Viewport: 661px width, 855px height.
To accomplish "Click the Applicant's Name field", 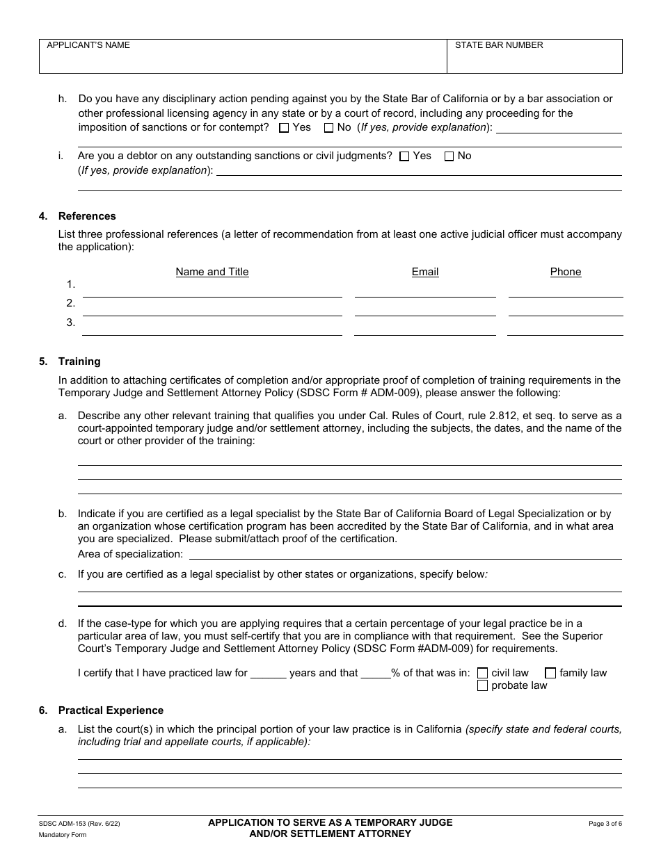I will point(242,58).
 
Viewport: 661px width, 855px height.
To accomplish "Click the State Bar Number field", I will point(534,58).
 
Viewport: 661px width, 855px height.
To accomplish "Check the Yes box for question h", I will point(284,128).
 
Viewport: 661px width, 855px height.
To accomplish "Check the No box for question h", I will point(328,128).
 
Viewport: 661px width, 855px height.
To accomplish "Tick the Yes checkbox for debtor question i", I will point(404,156).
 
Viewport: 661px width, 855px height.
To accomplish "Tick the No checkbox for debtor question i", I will point(449,156).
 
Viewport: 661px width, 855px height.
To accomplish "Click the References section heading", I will point(87,216).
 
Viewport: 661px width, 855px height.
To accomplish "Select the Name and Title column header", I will point(212,272).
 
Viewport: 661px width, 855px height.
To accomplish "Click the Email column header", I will point(425,272).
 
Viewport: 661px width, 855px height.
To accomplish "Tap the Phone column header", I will point(565,272).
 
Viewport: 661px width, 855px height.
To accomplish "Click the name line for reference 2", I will point(212,309).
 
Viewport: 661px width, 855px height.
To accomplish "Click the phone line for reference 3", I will point(565,328).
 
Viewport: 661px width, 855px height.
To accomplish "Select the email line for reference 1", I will point(425,291).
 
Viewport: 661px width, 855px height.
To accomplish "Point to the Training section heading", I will point(79,361).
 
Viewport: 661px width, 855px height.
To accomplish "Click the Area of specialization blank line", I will point(405,553).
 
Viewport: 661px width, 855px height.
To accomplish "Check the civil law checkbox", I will point(482,673).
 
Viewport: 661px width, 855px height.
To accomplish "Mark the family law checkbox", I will point(550,673).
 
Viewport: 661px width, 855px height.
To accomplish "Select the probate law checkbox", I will point(482,686).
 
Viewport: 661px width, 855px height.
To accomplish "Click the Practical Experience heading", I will point(111,710).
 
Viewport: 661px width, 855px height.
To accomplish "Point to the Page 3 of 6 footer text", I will point(605,824).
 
